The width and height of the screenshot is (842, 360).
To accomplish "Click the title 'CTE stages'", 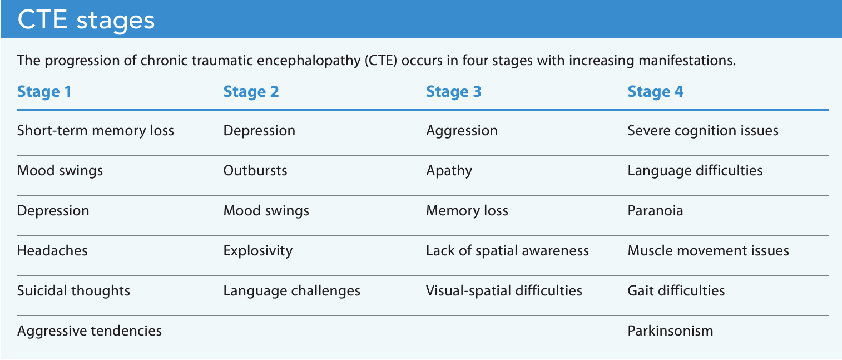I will coord(86,20).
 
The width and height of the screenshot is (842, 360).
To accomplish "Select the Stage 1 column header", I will coord(44,91).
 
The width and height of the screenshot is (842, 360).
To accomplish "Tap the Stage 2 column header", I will coord(251,91).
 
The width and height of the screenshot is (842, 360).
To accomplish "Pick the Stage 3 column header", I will coord(453,91).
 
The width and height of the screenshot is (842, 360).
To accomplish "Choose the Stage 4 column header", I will coord(655,91).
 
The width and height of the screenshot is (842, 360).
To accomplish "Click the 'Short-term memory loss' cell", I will coord(96,131).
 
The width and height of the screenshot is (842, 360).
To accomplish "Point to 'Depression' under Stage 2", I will coord(259,131).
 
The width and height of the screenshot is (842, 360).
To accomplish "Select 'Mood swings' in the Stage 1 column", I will coord(60,170).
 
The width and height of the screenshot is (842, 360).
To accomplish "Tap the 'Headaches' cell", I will coord(52,251).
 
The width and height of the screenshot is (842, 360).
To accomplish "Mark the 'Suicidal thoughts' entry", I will coord(73,290).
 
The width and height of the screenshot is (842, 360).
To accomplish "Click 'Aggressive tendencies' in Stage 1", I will coord(90,331).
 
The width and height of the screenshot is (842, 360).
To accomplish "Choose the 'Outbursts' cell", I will coord(255,170).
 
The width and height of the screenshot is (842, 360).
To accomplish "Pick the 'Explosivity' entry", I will coord(257,251).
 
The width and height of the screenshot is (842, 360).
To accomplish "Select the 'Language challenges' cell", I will coord(291,290).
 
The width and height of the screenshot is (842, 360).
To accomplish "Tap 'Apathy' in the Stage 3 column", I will coord(449,170).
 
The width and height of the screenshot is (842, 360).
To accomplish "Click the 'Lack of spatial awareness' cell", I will coord(507,251).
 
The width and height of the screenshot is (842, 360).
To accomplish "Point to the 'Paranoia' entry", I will coord(655,211).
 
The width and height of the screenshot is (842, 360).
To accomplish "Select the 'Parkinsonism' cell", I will coord(670,331).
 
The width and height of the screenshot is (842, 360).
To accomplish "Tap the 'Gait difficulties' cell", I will coord(676,290).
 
